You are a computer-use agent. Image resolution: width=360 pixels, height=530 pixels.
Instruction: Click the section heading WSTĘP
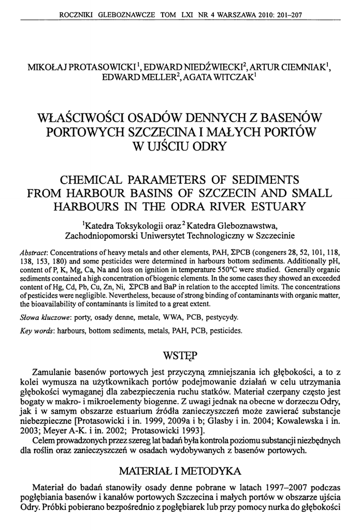[179, 356]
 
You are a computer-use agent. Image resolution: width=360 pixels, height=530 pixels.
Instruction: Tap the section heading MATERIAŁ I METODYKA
[179, 471]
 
